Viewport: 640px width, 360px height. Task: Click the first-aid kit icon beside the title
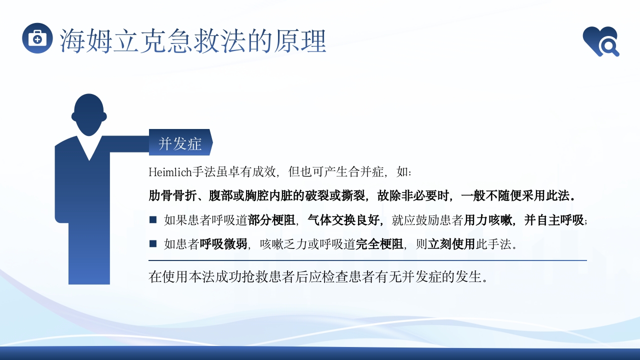pos(37,38)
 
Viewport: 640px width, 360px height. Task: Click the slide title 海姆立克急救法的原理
pos(193,41)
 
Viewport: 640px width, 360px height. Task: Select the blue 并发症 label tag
pos(180,143)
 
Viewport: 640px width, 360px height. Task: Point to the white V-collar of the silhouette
pos(89,148)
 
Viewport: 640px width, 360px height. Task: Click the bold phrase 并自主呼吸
pos(554,219)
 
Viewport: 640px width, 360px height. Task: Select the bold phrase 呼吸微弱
pos(223,244)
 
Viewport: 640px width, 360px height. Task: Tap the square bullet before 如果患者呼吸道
pos(153,219)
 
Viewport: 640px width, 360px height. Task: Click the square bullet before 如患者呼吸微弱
pos(153,243)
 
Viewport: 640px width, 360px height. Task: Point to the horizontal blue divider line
pos(367,260)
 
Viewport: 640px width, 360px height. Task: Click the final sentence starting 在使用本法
pos(318,277)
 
